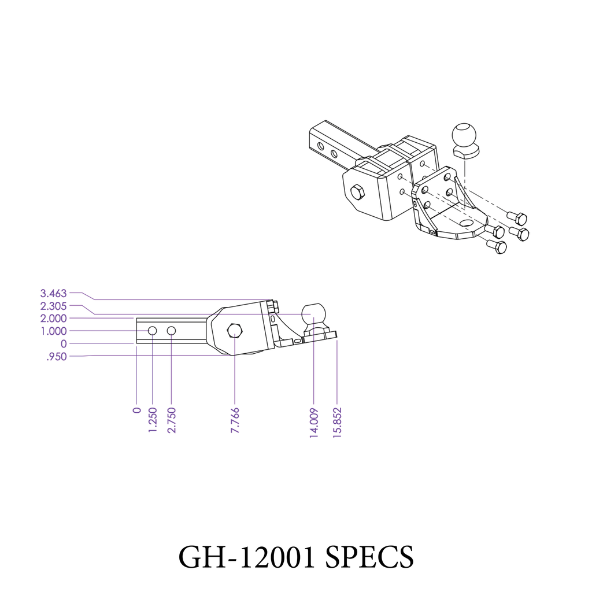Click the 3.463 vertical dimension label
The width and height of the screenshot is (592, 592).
pyautogui.click(x=53, y=293)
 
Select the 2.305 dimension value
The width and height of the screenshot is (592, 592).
pyautogui.click(x=53, y=306)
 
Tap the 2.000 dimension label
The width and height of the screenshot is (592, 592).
pyautogui.click(x=53, y=319)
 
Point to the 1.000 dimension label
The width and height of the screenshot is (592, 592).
pyautogui.click(x=53, y=331)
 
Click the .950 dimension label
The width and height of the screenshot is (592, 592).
pyautogui.click(x=57, y=357)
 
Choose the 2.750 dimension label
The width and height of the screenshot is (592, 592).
pyautogui.click(x=172, y=420)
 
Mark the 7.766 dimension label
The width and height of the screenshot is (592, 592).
pyautogui.click(x=235, y=420)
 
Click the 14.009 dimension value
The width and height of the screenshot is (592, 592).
pyautogui.click(x=313, y=424)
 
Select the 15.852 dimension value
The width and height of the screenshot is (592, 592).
pyautogui.click(x=337, y=424)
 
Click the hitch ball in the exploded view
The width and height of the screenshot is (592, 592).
pyautogui.click(x=465, y=136)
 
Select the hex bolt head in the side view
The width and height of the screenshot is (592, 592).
pyautogui.click(x=235, y=331)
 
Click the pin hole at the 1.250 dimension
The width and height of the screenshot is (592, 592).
pyautogui.click(x=153, y=331)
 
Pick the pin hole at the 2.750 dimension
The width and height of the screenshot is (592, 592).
pyautogui.click(x=172, y=331)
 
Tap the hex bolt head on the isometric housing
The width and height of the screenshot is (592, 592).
pyautogui.click(x=358, y=192)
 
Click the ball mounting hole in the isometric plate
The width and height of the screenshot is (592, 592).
pyautogui.click(x=465, y=223)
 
